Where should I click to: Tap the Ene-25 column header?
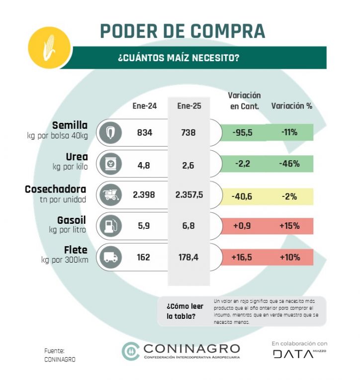pyautogui.click(x=189, y=106)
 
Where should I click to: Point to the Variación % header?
pyautogui.click(x=291, y=106)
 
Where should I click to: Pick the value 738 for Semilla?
pyautogui.click(x=188, y=133)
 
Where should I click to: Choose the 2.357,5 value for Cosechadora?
pyautogui.click(x=189, y=195)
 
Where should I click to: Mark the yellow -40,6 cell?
pyautogui.click(x=242, y=196)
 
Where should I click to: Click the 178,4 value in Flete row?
pyautogui.click(x=188, y=257)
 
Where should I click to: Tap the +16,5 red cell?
pyautogui.click(x=242, y=257)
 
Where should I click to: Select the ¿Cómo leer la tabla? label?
pyautogui.click(x=181, y=311)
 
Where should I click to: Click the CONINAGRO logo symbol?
pyautogui.click(x=131, y=351)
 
